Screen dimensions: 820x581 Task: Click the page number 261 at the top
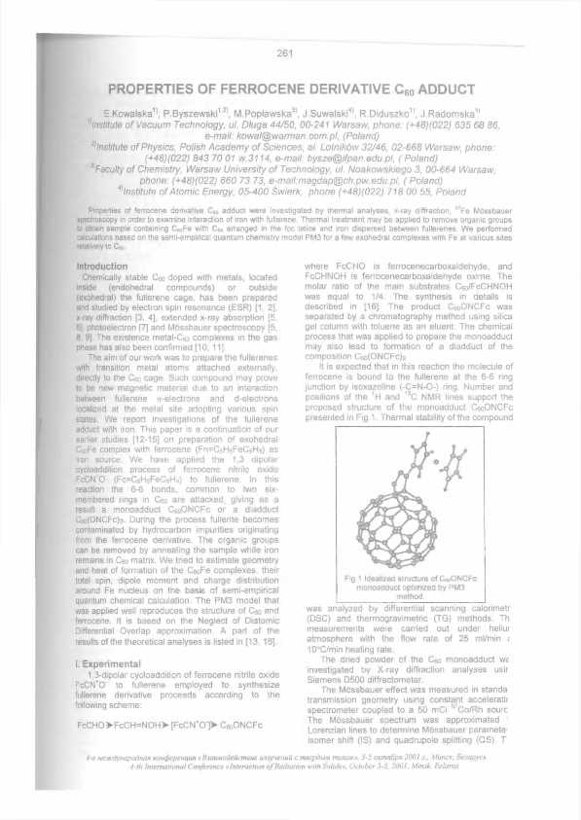tap(284, 52)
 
